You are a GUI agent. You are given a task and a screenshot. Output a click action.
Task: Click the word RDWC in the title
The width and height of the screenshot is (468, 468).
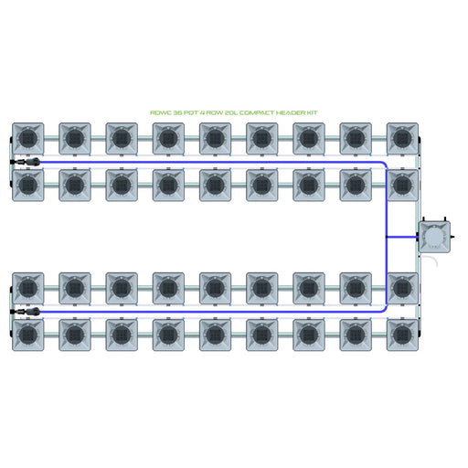pyautogui.click(x=159, y=112)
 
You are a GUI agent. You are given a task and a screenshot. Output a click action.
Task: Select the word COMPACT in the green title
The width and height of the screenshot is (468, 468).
pyautogui.click(x=256, y=112)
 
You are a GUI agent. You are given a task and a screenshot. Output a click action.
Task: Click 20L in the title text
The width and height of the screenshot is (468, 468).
pyautogui.click(x=230, y=112)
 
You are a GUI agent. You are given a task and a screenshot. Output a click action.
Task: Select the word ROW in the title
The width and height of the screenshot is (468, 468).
pyautogui.click(x=215, y=112)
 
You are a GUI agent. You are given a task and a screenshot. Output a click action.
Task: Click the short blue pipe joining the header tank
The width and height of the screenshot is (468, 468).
pyautogui.click(x=402, y=237)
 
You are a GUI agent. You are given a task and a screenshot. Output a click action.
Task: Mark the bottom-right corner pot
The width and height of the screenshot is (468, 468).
pyautogui.click(x=402, y=335)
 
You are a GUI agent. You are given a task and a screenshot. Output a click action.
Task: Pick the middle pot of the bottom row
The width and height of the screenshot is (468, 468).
pyautogui.click(x=215, y=335)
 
